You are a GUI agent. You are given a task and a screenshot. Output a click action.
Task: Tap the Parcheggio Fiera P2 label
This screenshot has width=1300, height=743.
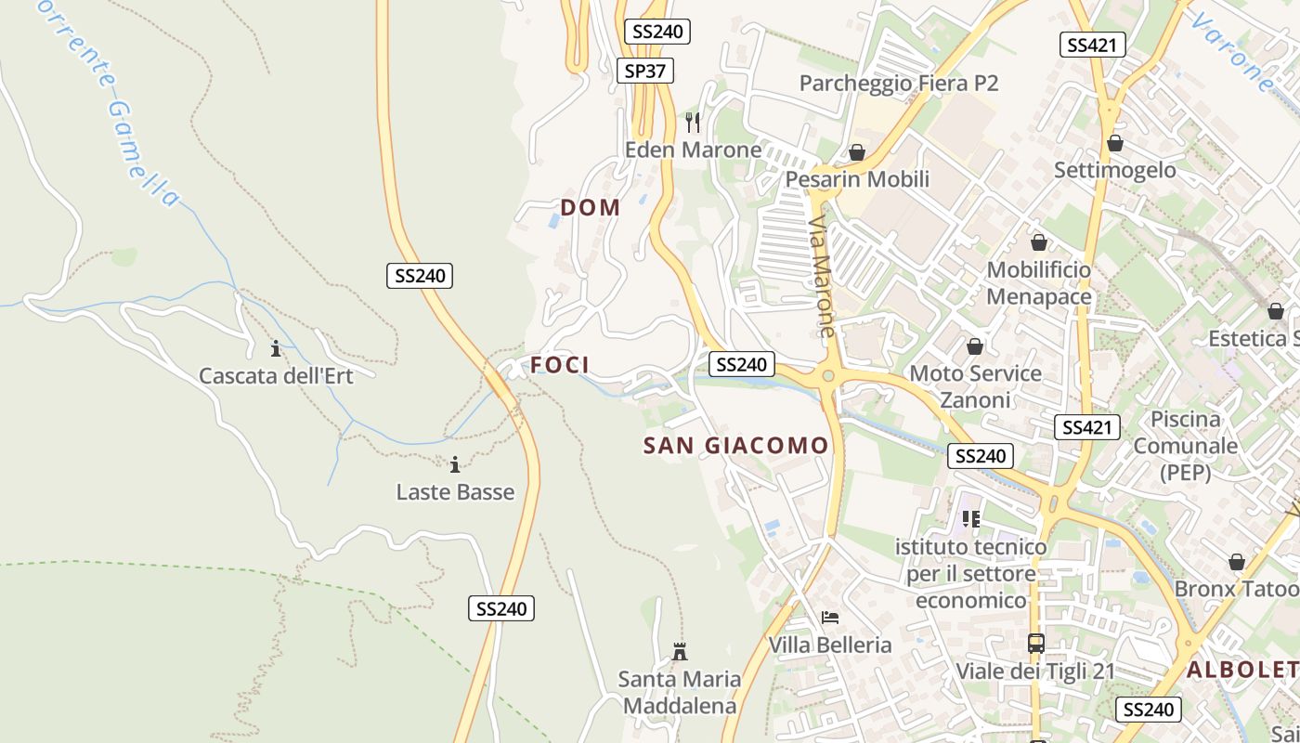coord(898,84)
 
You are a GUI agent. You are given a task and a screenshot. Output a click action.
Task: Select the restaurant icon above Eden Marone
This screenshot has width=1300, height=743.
coord(693,122)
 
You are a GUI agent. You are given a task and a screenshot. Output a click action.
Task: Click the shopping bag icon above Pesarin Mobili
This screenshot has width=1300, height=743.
coord(857,151)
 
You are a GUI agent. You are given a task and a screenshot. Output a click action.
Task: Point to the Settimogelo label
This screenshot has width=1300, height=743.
coord(1114,170)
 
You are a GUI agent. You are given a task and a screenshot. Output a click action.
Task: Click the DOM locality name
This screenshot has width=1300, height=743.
coord(591,207)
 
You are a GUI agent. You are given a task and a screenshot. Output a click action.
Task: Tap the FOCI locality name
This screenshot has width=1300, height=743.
coord(560,365)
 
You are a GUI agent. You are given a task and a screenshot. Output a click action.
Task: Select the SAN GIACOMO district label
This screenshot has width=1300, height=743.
coord(735,446)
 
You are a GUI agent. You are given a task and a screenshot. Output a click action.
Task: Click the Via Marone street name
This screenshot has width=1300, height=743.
coord(822,277)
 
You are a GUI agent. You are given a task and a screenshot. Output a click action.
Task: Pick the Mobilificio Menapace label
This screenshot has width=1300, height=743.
coord(1038,283)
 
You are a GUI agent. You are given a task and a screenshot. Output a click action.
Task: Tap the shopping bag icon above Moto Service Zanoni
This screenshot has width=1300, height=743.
coord(975,346)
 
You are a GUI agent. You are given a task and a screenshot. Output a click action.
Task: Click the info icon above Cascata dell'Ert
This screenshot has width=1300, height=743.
coord(275,348)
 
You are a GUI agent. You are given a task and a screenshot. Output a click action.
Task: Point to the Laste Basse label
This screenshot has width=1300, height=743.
coord(455,491)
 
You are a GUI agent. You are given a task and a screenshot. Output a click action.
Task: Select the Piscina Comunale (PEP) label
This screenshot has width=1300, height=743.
coord(1185,445)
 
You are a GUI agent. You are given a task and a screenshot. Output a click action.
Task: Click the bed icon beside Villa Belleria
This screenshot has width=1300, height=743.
coord(829,618)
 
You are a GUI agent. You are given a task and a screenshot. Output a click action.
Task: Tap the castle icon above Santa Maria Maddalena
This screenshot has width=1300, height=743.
coord(680,651)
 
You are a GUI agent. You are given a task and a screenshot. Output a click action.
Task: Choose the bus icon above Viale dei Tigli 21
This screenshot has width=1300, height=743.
coord(1035,643)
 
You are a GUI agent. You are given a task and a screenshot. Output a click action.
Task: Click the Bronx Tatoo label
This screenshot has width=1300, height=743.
coord(1235,589)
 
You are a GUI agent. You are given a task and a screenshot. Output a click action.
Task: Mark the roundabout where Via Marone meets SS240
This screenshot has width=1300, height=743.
coord(827,376)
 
